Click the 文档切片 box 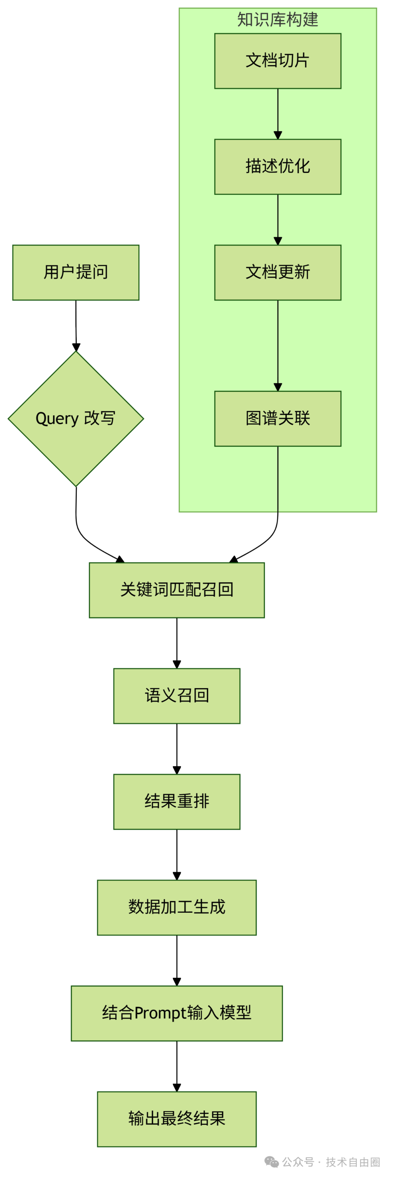(278, 61)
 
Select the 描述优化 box (278, 166)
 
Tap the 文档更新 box (278, 273)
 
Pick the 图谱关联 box (278, 419)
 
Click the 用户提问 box (76, 273)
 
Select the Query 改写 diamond (76, 419)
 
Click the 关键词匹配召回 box (176, 590)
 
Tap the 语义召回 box (176, 695)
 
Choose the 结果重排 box (176, 801)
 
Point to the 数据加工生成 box (176, 907)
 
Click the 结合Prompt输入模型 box (176, 1013)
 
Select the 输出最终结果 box (176, 1119)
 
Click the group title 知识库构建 (278, 20)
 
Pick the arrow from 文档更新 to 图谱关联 (278, 345)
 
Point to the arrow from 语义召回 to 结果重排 (176, 749)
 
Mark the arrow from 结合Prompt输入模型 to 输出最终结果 (176, 1066)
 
